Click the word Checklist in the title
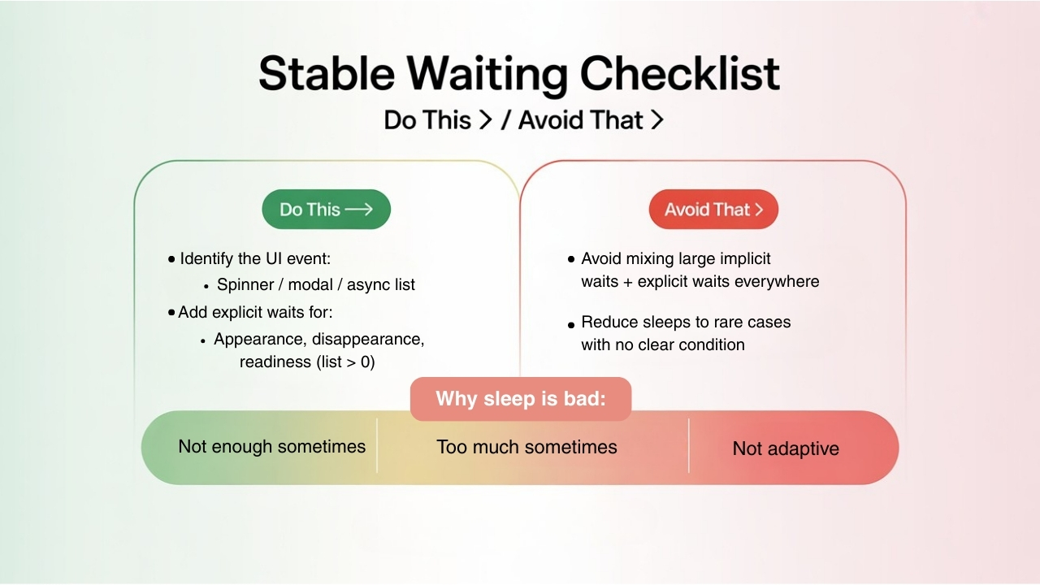pyautogui.click(x=680, y=74)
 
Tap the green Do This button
pyautogui.click(x=326, y=210)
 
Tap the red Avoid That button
pyautogui.click(x=713, y=210)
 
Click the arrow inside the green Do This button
pyautogui.click(x=358, y=210)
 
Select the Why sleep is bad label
pyautogui.click(x=521, y=399)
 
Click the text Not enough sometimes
pyautogui.click(x=271, y=446)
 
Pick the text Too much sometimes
pyautogui.click(x=526, y=447)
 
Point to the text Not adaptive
pyautogui.click(x=786, y=448)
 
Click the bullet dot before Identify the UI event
pyautogui.click(x=171, y=260)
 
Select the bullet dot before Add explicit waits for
pyautogui.click(x=171, y=312)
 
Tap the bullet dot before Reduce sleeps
pyautogui.click(x=572, y=324)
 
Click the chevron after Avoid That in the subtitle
pyautogui.click(x=657, y=120)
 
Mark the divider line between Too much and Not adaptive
pyautogui.click(x=689, y=445)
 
